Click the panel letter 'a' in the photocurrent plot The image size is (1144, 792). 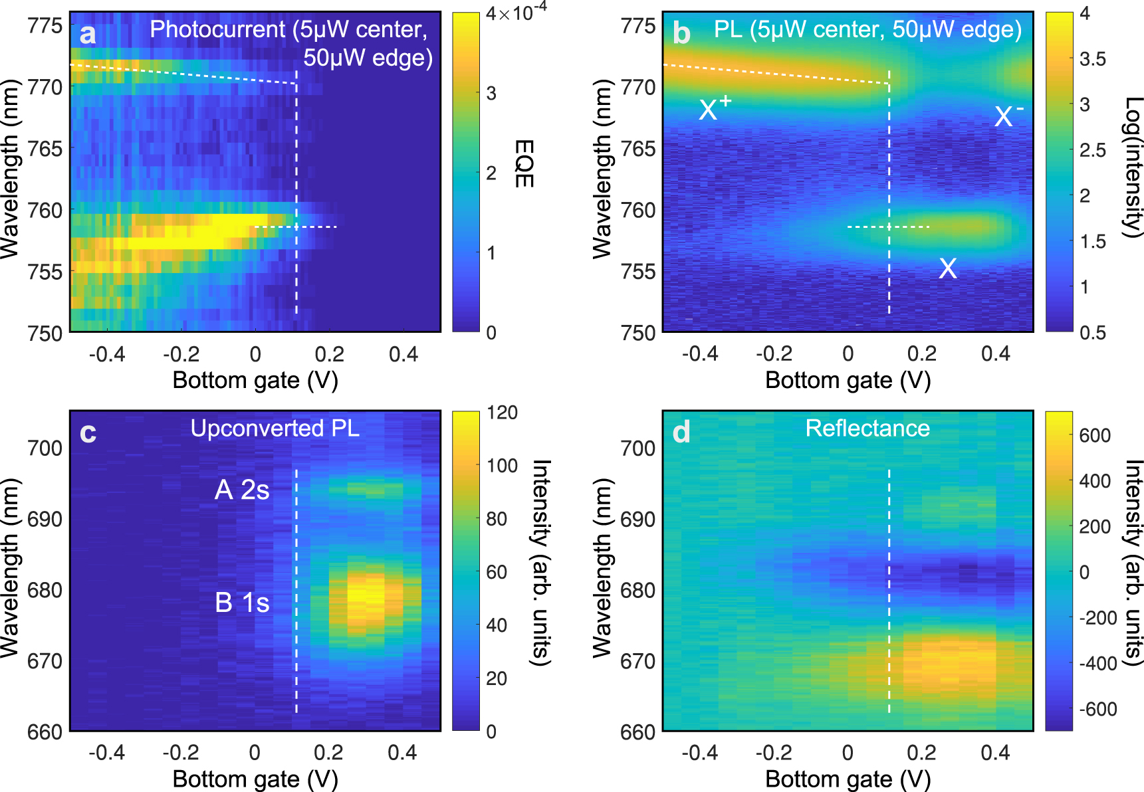click(x=87, y=35)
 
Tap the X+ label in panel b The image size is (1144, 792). click(x=715, y=108)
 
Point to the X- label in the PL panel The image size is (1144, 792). click(x=1008, y=116)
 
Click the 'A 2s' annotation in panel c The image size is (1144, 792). click(x=242, y=490)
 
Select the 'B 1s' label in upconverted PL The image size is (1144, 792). click(x=242, y=603)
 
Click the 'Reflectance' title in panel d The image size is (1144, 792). click(x=867, y=429)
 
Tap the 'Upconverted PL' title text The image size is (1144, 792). click(x=275, y=429)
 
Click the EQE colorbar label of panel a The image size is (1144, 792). click(x=524, y=163)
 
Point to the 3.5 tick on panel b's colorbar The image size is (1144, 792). click(x=1092, y=59)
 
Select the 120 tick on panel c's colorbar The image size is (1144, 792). click(x=502, y=413)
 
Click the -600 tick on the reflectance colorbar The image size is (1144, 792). click(x=1097, y=709)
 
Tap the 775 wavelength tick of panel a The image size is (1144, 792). click(x=45, y=26)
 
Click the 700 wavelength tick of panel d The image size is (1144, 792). click(x=638, y=448)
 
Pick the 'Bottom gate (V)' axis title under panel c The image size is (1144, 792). click(x=255, y=779)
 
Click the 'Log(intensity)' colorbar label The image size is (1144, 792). click(x=1132, y=166)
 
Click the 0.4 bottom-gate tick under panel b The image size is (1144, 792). click(x=995, y=354)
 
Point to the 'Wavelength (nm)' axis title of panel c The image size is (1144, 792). click(x=9, y=568)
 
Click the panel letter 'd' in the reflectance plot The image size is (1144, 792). click(x=681, y=433)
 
